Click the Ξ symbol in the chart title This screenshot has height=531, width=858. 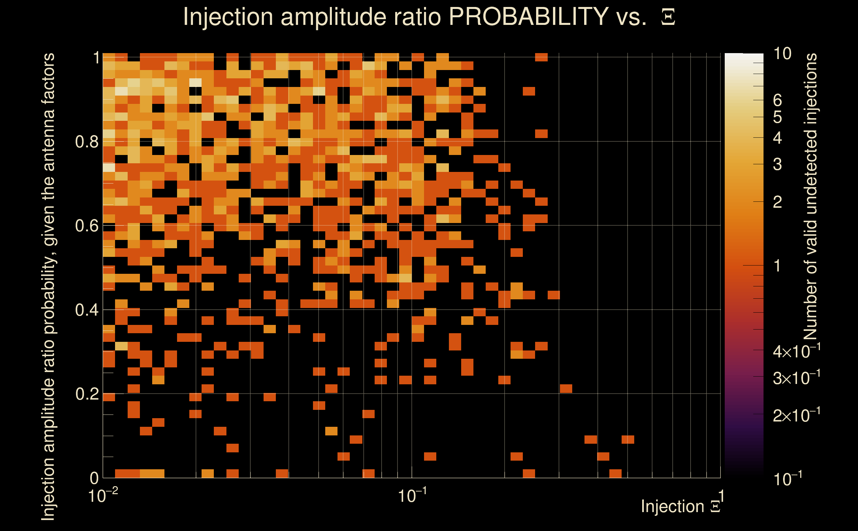tap(668, 17)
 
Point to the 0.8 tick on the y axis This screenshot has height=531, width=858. tap(87, 141)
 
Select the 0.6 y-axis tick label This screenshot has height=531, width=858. tap(87, 225)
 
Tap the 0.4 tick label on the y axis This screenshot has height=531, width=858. tap(87, 310)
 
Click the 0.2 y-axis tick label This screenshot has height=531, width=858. tap(87, 394)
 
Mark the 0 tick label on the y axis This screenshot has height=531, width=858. tap(94, 478)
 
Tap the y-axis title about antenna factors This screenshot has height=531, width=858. tap(48, 286)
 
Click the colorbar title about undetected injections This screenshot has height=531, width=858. tap(810, 197)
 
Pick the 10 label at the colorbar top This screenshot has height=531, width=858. tap(782, 54)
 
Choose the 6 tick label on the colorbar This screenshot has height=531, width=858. tap(777, 101)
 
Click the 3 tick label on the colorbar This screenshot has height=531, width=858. tap(777, 164)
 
